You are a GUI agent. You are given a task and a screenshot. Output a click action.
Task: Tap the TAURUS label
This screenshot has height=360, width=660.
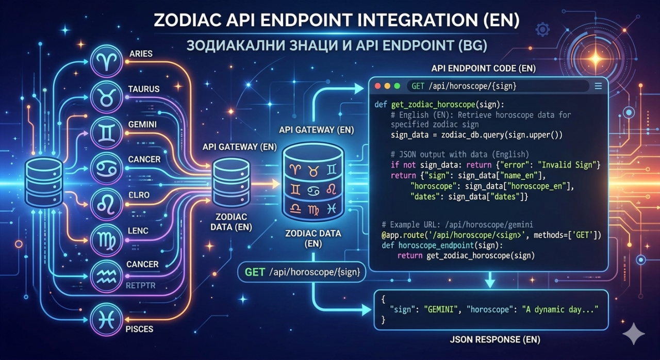(144, 89)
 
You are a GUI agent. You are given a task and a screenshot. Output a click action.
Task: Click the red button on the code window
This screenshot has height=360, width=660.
(377, 86)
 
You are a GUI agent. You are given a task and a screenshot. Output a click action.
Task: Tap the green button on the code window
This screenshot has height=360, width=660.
(397, 86)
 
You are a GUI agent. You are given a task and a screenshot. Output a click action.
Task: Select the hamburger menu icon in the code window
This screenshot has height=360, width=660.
(598, 86)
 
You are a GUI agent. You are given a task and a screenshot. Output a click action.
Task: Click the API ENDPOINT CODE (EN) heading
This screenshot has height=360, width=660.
(484, 69)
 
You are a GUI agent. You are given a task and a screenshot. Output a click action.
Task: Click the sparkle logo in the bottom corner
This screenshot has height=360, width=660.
(633, 334)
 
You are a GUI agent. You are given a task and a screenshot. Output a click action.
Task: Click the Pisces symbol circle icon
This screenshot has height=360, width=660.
(107, 319)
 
